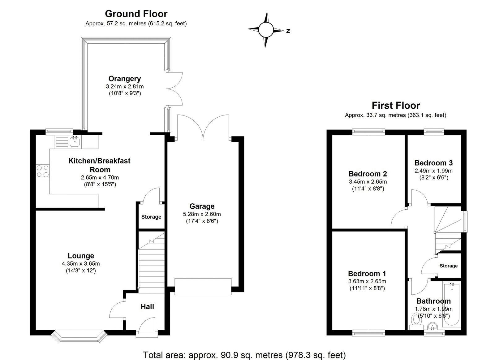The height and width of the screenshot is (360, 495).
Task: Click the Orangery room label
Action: [x=124, y=79]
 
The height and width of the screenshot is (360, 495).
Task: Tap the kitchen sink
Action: [x=75, y=142]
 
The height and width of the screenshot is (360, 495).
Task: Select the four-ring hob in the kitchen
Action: [x=43, y=171]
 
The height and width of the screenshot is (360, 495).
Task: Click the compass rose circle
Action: [x=265, y=30]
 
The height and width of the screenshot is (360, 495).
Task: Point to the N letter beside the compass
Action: [x=288, y=31]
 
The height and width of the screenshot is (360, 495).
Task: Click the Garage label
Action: [x=202, y=206]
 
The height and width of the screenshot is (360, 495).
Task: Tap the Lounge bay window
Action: [x=79, y=336]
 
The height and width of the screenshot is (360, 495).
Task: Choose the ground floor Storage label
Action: [x=151, y=217]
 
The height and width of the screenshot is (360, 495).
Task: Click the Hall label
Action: [x=147, y=306]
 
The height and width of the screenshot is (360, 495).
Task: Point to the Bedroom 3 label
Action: [x=433, y=163]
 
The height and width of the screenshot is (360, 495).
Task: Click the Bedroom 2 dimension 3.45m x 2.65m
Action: [x=368, y=182]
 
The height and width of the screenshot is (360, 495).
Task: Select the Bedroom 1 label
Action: [x=367, y=273]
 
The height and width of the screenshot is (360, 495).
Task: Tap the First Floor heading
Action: [x=396, y=106]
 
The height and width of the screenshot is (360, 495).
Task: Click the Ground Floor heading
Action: [x=136, y=14]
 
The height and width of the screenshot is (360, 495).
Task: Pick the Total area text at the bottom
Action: [x=244, y=354]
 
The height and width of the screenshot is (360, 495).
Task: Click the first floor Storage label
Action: [x=448, y=266]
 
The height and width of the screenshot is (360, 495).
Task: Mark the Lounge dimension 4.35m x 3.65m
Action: [x=81, y=264]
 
